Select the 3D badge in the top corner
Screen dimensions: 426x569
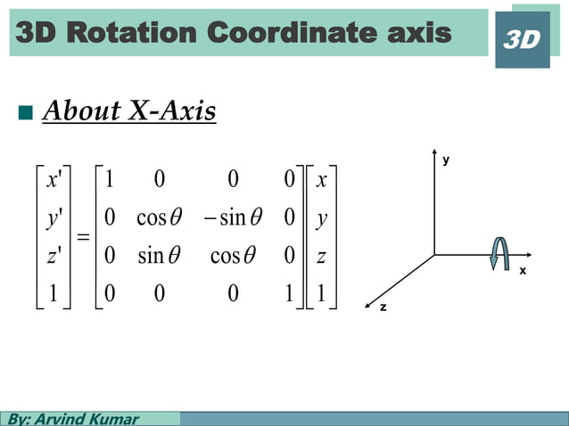522,40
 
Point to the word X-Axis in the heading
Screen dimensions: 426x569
173,111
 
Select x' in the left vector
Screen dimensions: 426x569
54,180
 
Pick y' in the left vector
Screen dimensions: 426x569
54,217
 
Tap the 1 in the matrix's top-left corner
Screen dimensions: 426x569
109,180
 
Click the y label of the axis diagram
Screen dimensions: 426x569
446,160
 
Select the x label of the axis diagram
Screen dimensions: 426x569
523,270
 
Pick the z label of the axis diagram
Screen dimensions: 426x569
383,307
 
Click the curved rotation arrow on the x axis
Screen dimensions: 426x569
500,253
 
